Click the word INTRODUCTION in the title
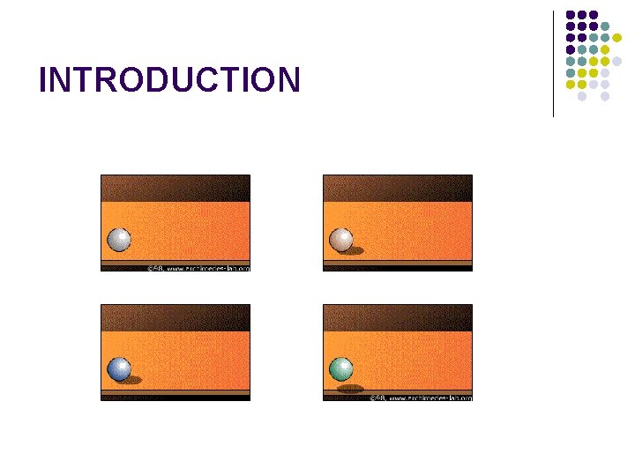tap(169, 80)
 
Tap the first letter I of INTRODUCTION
tap(44, 80)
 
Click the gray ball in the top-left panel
tap(118, 240)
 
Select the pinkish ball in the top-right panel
tap(340, 240)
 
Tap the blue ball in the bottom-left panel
tap(118, 369)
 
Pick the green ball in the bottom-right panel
tap(340, 368)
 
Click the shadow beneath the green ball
tap(350, 388)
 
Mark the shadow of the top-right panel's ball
tap(354, 251)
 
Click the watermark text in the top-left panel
tap(198, 267)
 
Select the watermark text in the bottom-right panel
tap(421, 398)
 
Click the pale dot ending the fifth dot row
tap(616, 61)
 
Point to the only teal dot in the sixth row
tap(571, 72)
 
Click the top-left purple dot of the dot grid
tap(571, 15)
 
